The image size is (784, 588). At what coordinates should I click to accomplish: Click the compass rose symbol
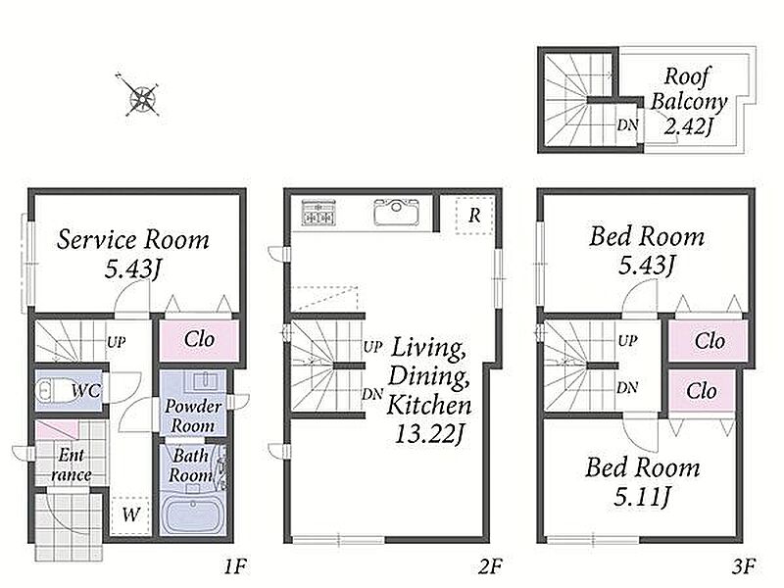tap(142, 97)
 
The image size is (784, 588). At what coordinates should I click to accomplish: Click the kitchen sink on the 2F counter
tap(396, 212)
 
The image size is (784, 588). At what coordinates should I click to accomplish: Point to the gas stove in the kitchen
tap(318, 212)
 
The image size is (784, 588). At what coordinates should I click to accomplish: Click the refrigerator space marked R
tap(474, 215)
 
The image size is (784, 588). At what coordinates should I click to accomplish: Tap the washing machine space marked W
tap(130, 515)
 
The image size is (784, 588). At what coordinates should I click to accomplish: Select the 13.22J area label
tap(428, 434)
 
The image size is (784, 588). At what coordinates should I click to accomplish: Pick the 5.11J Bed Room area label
tap(643, 497)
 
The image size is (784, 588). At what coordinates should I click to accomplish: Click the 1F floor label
tap(234, 567)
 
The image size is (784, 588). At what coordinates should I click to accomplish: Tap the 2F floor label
tap(490, 567)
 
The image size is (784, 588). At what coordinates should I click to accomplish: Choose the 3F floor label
tap(744, 567)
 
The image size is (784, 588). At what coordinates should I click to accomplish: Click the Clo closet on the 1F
tap(199, 339)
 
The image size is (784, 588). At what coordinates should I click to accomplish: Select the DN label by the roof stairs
tap(627, 124)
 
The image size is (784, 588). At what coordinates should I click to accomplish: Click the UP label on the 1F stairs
tap(116, 342)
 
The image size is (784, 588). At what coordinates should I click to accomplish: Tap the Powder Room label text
tap(193, 416)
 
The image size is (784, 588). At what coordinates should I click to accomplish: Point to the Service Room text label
tap(133, 239)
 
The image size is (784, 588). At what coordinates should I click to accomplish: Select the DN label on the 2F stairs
tap(372, 395)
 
